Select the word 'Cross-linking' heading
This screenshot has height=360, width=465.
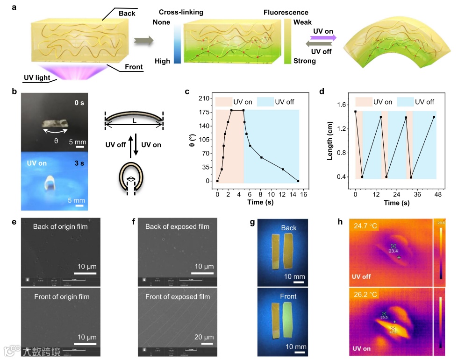tap(181, 13)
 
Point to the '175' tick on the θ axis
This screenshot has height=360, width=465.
tap(203, 112)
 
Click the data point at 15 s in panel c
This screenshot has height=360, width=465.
tap(298, 181)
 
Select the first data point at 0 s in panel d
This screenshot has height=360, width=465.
tap(355, 112)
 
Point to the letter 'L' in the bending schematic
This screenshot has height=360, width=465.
tap(134, 120)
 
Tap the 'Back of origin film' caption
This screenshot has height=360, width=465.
tap(61, 226)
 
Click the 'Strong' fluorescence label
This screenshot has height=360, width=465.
tap(304, 61)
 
